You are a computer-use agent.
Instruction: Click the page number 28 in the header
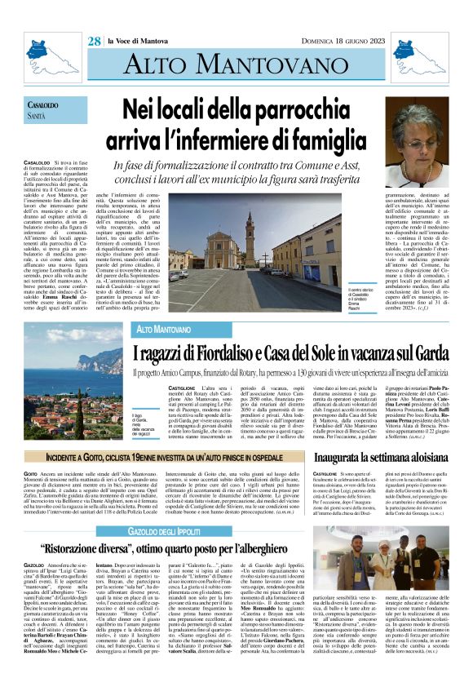point(94,41)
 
